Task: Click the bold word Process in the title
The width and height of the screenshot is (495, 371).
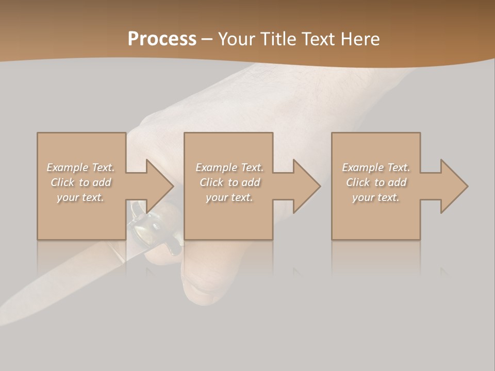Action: click(x=162, y=39)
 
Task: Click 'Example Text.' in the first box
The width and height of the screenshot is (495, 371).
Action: click(x=81, y=167)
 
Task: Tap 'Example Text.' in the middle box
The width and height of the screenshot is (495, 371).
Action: click(x=229, y=167)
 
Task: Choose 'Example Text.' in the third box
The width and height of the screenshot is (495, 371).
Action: click(x=376, y=167)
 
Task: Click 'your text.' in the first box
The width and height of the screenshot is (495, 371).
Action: click(x=81, y=197)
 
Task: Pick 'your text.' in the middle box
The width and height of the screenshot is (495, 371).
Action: click(x=229, y=197)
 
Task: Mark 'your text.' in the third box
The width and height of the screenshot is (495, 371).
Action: click(x=376, y=197)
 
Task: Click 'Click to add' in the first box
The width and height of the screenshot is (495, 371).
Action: click(x=81, y=182)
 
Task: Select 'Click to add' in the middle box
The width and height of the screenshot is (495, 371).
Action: click(x=229, y=182)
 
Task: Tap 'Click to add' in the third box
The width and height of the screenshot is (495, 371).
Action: click(x=376, y=182)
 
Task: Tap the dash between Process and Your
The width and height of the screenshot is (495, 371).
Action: click(x=207, y=40)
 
